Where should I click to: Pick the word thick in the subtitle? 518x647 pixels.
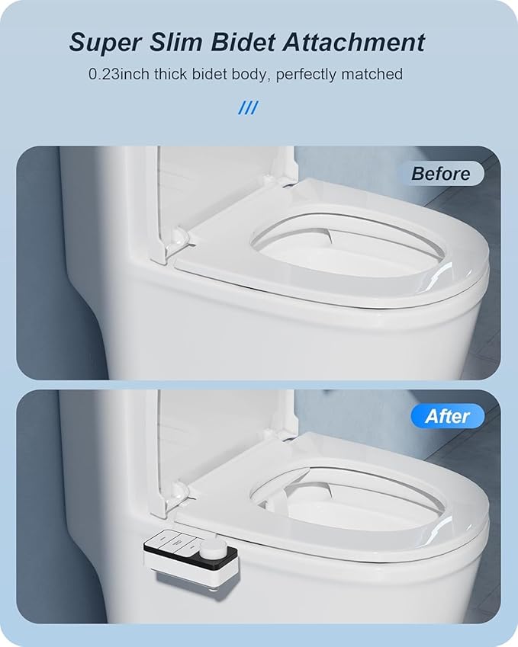172,75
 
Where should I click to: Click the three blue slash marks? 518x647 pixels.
248,108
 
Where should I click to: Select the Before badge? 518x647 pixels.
440,173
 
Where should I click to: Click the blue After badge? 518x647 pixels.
447,416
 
